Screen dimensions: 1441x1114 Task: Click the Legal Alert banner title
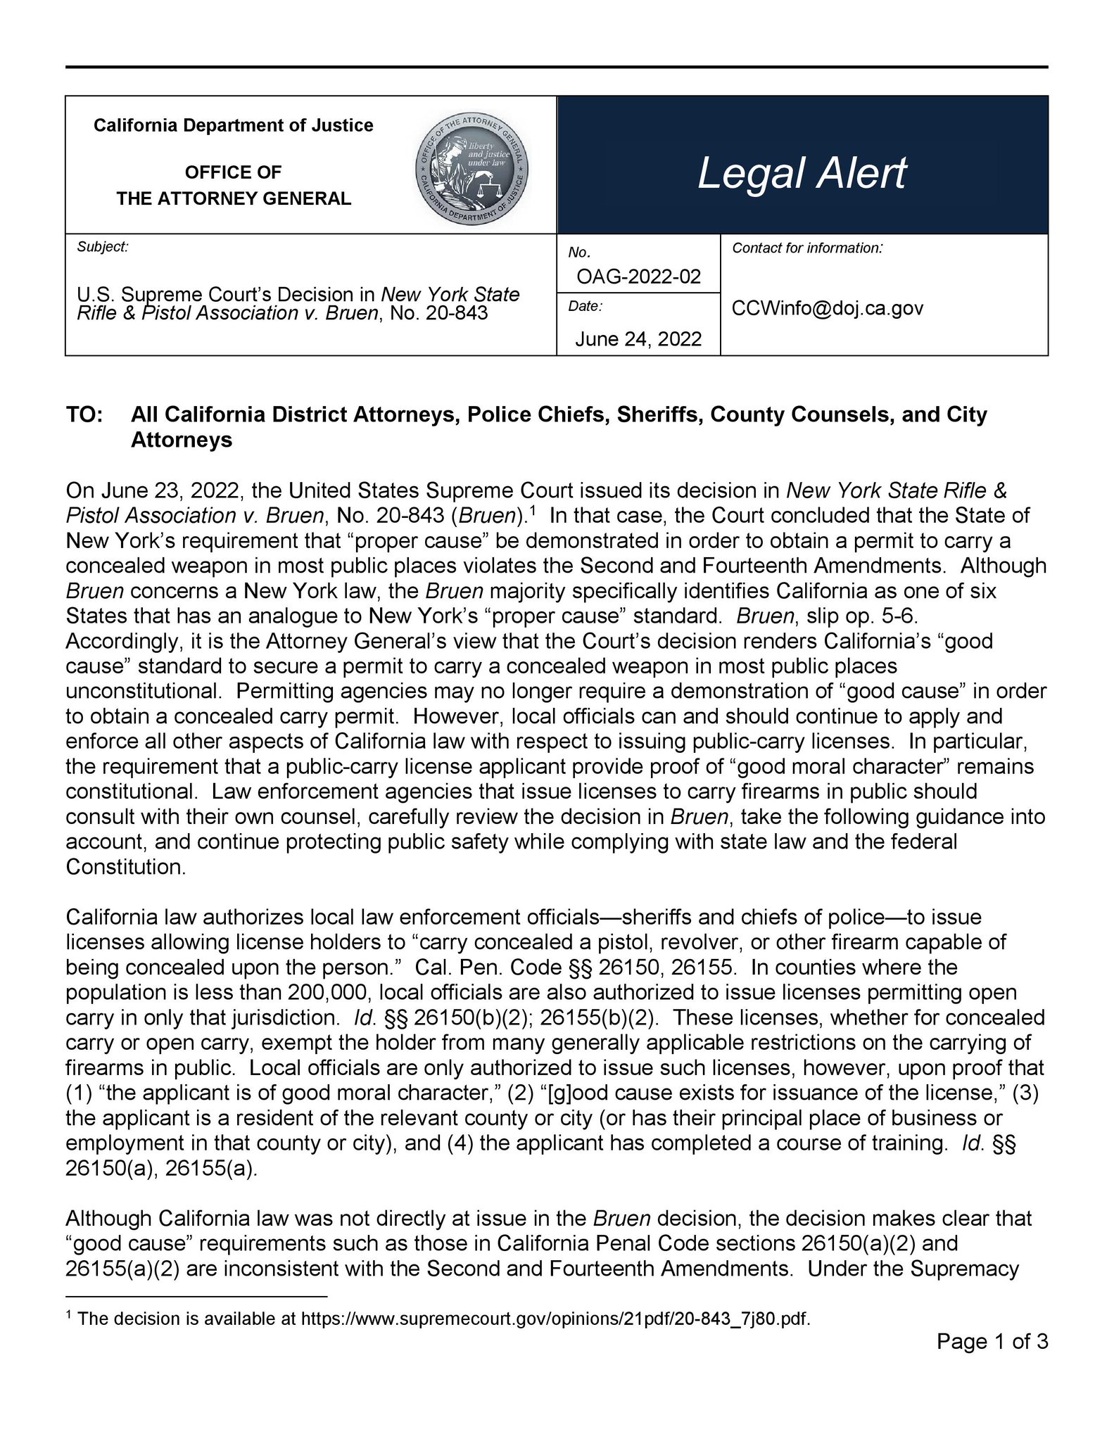tap(802, 173)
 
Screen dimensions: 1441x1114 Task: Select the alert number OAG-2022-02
tap(638, 277)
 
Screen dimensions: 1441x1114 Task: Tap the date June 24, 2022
tap(638, 339)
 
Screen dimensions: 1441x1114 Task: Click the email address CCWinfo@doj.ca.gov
tap(828, 308)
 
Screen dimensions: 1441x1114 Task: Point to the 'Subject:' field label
tap(103, 247)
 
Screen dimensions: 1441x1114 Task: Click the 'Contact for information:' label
tap(807, 248)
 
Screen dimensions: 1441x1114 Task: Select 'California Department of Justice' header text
tap(234, 125)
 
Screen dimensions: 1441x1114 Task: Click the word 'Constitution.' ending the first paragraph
tap(126, 867)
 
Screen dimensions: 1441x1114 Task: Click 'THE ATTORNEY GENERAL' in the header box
tap(234, 198)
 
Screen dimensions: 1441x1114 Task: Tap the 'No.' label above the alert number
tap(578, 252)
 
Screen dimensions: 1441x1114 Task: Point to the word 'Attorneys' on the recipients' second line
tap(182, 440)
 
